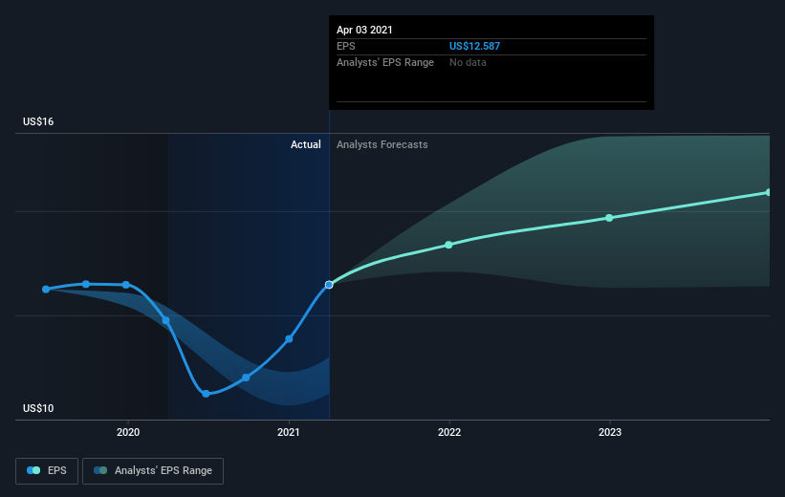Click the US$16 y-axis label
click(38, 121)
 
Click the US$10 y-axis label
click(38, 408)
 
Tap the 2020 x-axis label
click(128, 432)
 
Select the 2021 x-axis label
click(289, 432)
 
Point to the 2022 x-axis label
click(449, 432)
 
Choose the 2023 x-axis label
click(610, 432)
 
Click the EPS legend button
click(47, 471)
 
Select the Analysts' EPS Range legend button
click(153, 471)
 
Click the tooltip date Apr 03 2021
click(364, 30)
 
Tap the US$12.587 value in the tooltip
click(474, 46)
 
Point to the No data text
click(468, 62)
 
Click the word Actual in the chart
click(305, 144)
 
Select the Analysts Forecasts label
click(382, 144)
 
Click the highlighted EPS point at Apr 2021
click(329, 285)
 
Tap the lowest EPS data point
click(206, 394)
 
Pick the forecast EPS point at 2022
click(448, 245)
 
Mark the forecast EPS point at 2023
click(609, 218)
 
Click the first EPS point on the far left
click(46, 290)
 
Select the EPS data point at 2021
click(289, 339)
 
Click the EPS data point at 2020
click(126, 285)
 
